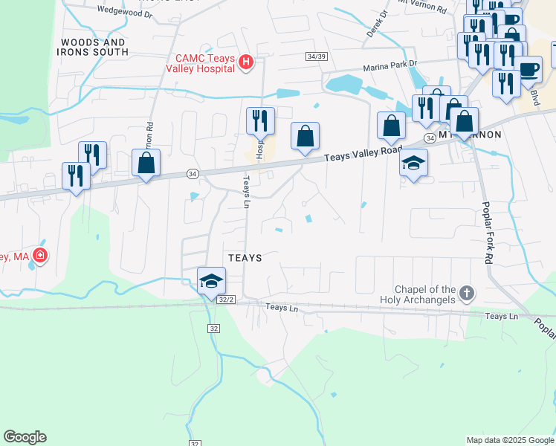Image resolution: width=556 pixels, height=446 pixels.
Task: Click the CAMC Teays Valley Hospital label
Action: (204, 63)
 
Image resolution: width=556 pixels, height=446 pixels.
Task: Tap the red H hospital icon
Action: (248, 64)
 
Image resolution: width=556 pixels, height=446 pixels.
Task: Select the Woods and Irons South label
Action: (94, 48)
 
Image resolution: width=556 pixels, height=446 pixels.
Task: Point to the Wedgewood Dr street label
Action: (124, 12)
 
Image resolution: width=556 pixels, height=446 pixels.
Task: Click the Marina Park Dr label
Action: (390, 67)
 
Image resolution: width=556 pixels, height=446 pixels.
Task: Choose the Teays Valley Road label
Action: (363, 155)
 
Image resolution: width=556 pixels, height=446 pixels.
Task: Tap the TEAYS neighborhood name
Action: (245, 258)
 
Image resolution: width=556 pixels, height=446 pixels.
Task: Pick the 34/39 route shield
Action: (316, 56)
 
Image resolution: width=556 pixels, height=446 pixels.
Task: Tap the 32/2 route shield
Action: (227, 299)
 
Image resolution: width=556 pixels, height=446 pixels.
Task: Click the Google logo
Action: (25, 437)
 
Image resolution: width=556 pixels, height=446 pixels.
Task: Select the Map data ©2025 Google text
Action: (510, 440)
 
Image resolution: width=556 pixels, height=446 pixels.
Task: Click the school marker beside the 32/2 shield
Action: (211, 280)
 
